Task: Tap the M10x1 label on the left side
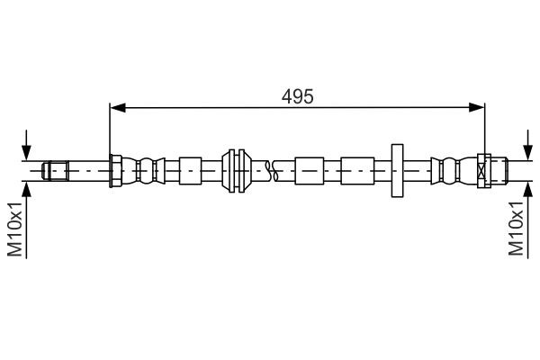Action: pos(15,229)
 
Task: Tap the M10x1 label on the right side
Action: pos(516,229)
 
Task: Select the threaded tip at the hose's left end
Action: pos(56,168)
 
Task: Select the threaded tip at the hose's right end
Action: pos(500,168)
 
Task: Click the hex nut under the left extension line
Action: pos(116,168)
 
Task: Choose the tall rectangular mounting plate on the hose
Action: pos(396,169)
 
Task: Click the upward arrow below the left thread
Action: pos(28,190)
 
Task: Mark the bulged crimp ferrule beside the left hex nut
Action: pos(148,168)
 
